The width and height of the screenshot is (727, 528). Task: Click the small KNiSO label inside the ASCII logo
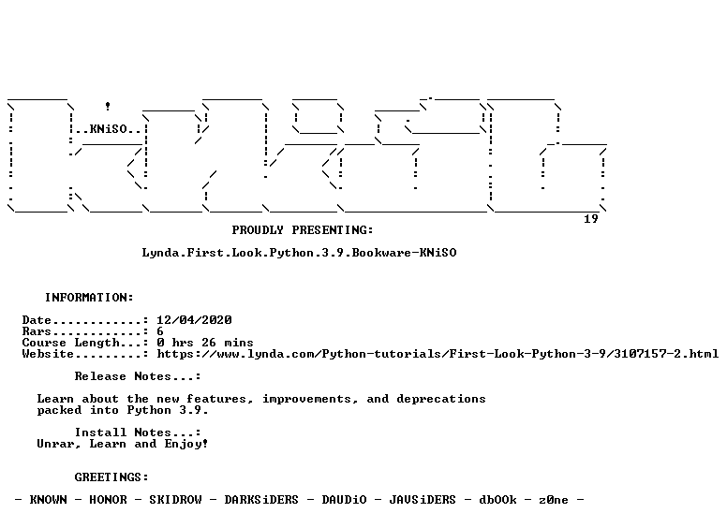pyautogui.click(x=108, y=129)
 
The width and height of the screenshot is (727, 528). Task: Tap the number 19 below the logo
pyautogui.click(x=590, y=219)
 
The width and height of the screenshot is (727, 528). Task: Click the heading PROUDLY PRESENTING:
pyautogui.click(x=303, y=229)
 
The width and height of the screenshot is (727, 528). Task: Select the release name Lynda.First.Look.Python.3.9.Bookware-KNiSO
pyautogui.click(x=299, y=253)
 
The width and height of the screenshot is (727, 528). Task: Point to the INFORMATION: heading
pyautogui.click(x=89, y=298)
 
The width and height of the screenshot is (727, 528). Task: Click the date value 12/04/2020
pyautogui.click(x=194, y=319)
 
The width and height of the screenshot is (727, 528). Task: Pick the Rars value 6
pyautogui.click(x=160, y=331)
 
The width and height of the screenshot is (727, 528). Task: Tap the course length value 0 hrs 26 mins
pyautogui.click(x=205, y=343)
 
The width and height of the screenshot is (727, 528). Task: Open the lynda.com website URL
pyautogui.click(x=438, y=354)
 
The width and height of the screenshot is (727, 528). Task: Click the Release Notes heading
pyautogui.click(x=137, y=376)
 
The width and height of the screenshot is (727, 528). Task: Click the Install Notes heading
pyautogui.click(x=137, y=433)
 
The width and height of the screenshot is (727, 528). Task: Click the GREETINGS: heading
pyautogui.click(x=111, y=477)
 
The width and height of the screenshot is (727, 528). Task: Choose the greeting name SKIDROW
pyautogui.click(x=175, y=500)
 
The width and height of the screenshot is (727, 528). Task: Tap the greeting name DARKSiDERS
pyautogui.click(x=261, y=500)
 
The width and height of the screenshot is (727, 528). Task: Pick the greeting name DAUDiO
pyautogui.click(x=344, y=500)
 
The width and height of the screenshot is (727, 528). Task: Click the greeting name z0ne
pyautogui.click(x=553, y=500)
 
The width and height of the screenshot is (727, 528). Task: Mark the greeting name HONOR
pyautogui.click(x=108, y=500)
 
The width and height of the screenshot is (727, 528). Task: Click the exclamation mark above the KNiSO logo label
pyautogui.click(x=108, y=106)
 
